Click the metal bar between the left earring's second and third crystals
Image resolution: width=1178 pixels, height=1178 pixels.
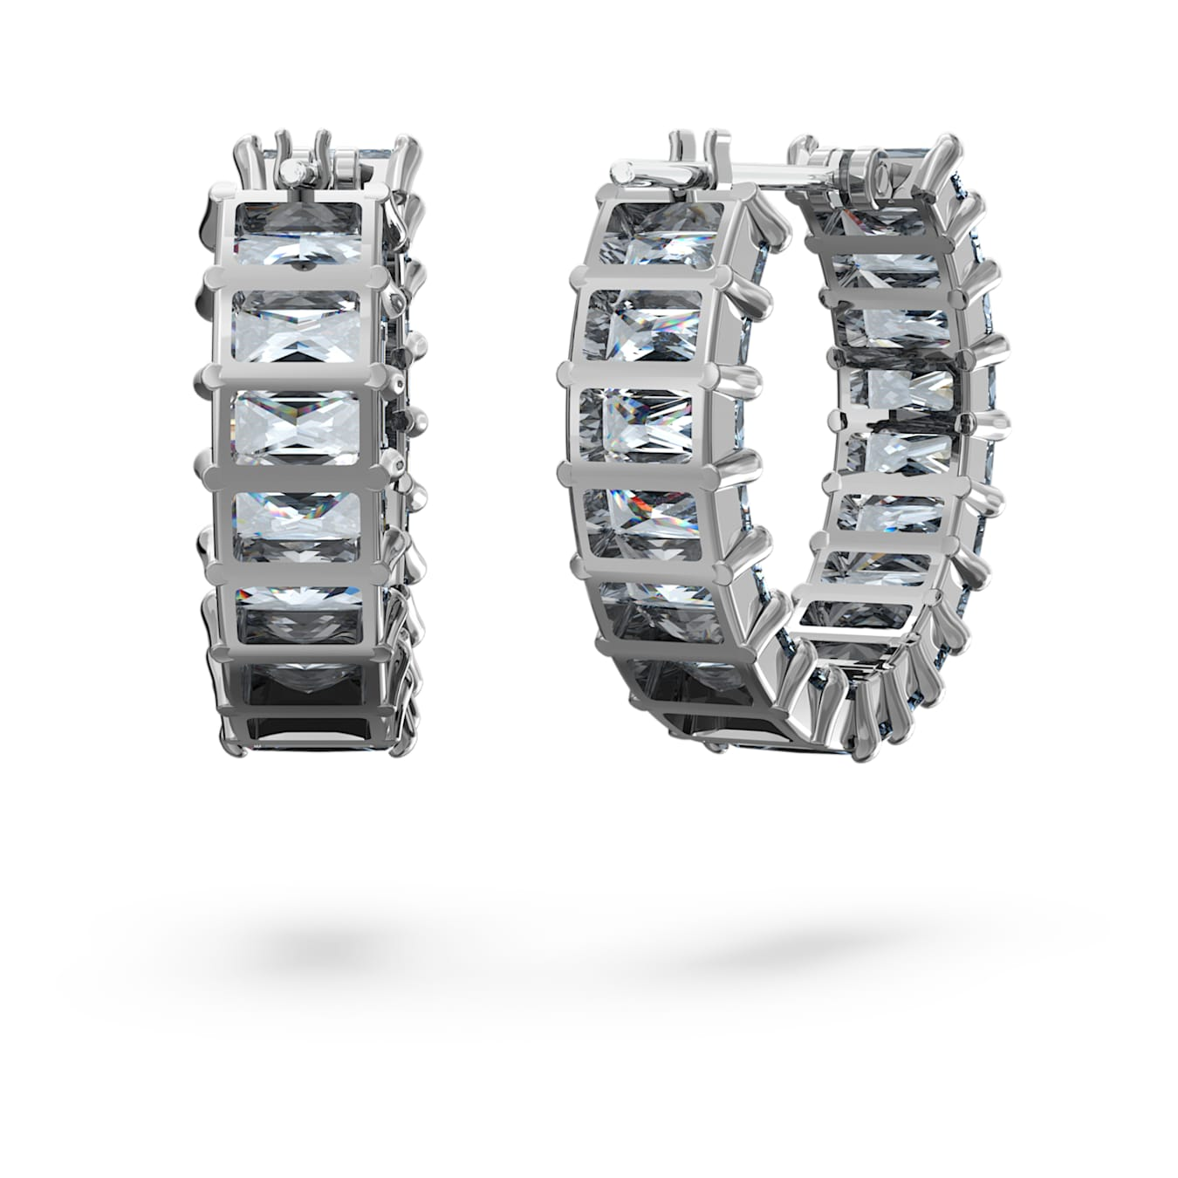[297, 372]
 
